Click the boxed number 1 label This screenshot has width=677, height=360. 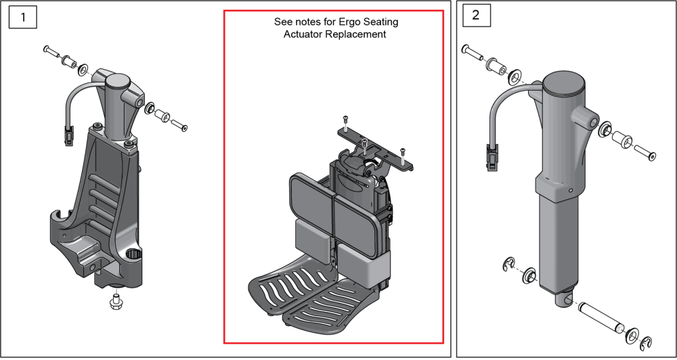tap(23, 17)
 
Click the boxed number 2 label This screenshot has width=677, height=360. tap(475, 16)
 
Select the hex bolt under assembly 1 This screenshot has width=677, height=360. tap(114, 301)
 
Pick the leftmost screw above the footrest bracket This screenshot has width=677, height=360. tap(345, 122)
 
